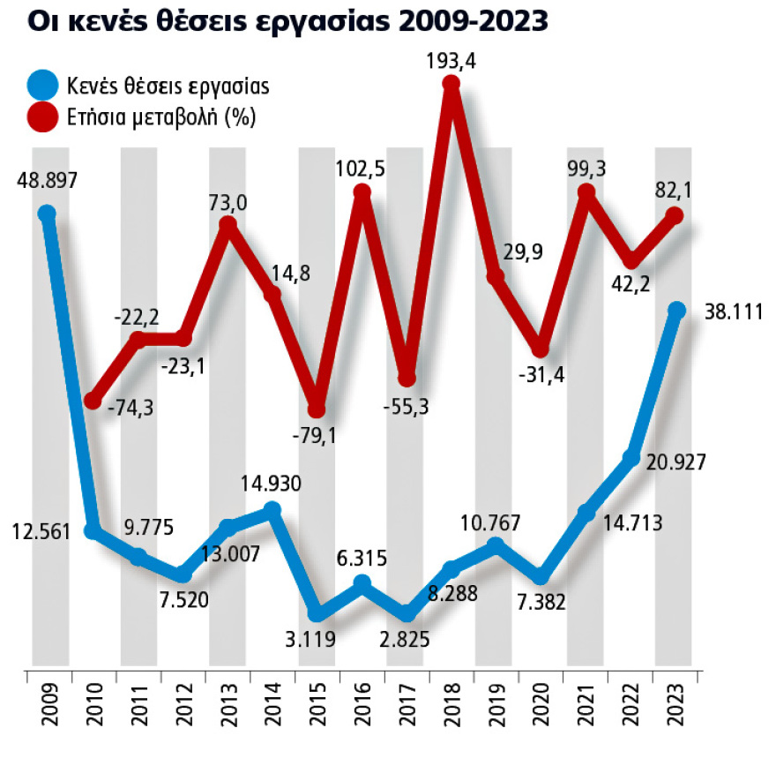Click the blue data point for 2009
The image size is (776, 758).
(48, 213)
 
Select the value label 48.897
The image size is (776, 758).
(48, 180)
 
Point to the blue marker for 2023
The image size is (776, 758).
(676, 310)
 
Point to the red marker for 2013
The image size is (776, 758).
(228, 225)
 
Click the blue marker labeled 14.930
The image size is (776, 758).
(272, 509)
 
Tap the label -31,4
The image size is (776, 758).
(540, 376)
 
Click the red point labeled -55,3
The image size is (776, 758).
(407, 378)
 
